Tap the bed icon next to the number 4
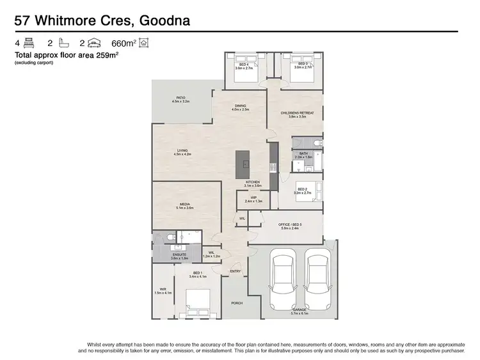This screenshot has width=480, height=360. (29, 43)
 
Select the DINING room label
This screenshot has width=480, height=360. (239, 106)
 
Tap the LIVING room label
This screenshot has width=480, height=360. (182, 151)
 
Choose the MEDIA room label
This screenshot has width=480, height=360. (184, 205)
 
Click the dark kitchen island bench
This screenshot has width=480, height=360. (243, 165)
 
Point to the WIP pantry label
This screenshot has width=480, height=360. (253, 198)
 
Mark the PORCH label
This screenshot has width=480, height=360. (236, 303)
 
